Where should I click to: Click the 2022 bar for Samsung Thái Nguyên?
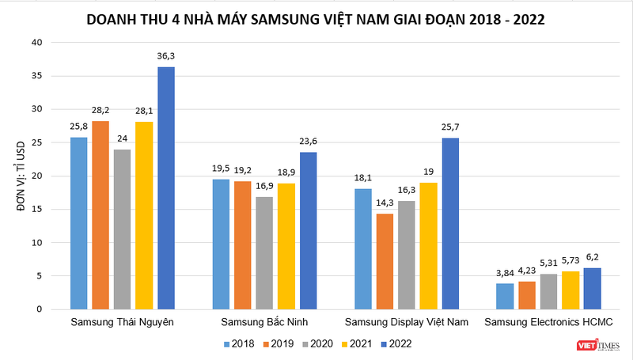165,188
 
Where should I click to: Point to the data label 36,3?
165,55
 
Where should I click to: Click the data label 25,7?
449,127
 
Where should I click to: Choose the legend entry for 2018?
236,343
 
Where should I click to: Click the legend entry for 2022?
395,343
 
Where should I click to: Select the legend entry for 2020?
316,343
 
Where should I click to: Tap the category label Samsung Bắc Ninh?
263,322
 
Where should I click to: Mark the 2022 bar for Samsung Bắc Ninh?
308,230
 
